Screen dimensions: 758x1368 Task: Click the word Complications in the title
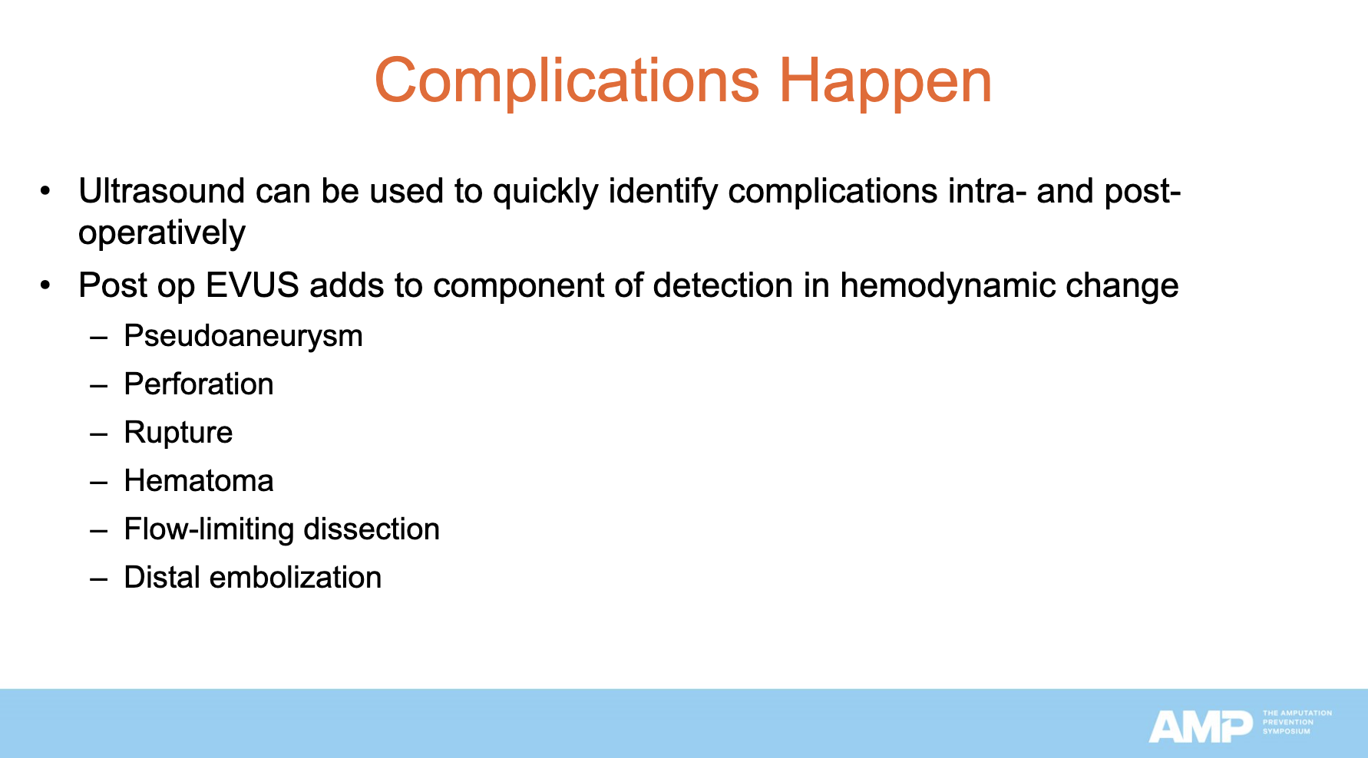pyautogui.click(x=567, y=81)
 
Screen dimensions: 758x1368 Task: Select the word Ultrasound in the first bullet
pyautogui.click(x=161, y=191)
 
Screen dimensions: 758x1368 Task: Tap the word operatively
pyautogui.click(x=161, y=233)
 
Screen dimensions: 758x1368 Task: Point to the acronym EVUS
pyautogui.click(x=252, y=285)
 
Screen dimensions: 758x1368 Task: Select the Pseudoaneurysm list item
pyautogui.click(x=243, y=336)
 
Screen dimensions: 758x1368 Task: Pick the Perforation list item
pyautogui.click(x=198, y=384)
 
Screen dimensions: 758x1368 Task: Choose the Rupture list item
pyautogui.click(x=178, y=433)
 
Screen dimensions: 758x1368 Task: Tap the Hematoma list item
pyautogui.click(x=198, y=481)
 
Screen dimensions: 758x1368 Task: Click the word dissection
pyautogui.click(x=372, y=529)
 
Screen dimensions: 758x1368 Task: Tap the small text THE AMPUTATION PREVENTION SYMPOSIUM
pyautogui.click(x=1297, y=722)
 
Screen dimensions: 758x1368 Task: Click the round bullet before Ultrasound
pyautogui.click(x=47, y=190)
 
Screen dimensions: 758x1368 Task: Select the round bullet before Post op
pyautogui.click(x=47, y=285)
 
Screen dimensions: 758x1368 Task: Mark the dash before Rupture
pyautogui.click(x=98, y=433)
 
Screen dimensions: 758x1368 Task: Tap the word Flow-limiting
pyautogui.click(x=209, y=529)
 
